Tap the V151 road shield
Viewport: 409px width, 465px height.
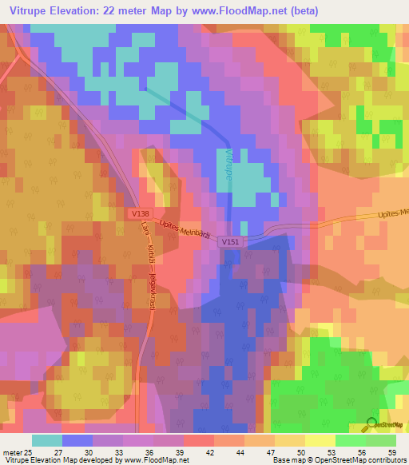pyautogui.click(x=231, y=240)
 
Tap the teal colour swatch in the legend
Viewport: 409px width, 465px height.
pyautogui.click(x=47, y=440)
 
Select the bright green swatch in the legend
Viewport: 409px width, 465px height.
pyautogui.click(x=351, y=440)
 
